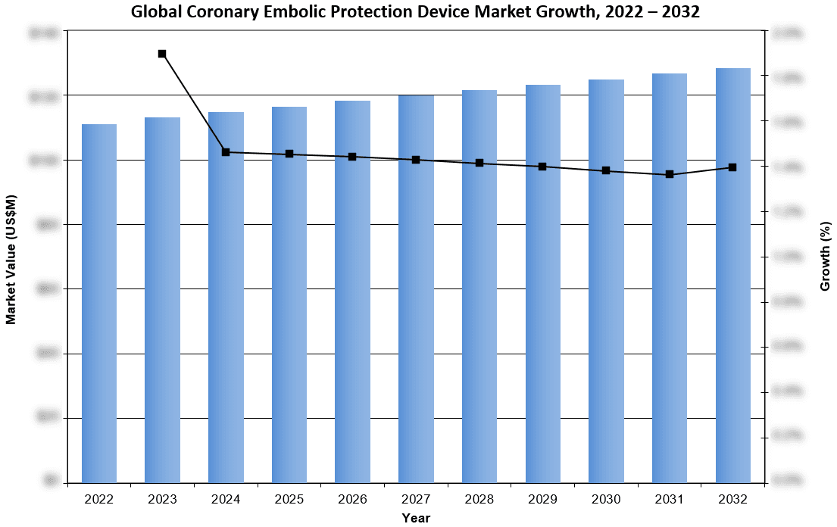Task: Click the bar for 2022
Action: click(x=99, y=303)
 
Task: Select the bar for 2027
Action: click(x=416, y=288)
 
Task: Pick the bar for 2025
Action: click(x=289, y=295)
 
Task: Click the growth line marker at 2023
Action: click(x=162, y=54)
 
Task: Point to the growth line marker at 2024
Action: click(x=226, y=152)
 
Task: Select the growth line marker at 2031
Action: click(x=670, y=175)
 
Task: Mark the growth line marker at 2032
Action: click(x=732, y=167)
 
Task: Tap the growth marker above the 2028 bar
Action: click(x=479, y=163)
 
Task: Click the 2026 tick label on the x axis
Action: click(x=353, y=500)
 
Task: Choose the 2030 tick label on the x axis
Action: click(x=606, y=500)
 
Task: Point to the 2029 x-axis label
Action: click(x=542, y=500)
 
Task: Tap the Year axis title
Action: click(x=416, y=518)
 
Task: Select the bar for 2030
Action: click(x=606, y=281)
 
